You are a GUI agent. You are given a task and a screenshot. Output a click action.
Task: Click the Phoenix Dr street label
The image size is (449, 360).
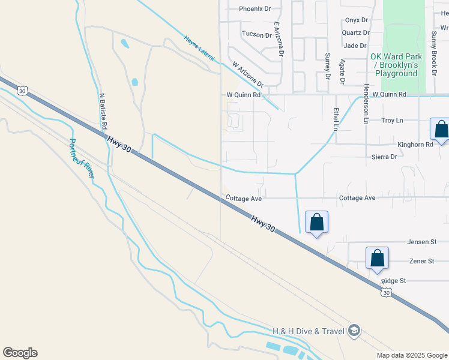pyautogui.click(x=255, y=9)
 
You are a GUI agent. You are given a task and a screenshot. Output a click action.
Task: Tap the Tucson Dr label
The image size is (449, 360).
pyautogui.click(x=256, y=35)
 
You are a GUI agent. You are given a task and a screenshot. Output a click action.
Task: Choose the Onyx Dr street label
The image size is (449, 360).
pyautogui.click(x=357, y=20)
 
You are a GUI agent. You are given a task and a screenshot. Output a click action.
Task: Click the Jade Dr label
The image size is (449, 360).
pyautogui.click(x=355, y=46)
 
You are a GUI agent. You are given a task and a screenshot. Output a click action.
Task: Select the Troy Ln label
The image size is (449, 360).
pyautogui.click(x=393, y=121)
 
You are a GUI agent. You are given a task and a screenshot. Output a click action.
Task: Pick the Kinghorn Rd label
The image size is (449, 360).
pyautogui.click(x=415, y=145)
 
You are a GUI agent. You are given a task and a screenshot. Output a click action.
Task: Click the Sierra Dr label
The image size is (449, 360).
pyautogui.click(x=385, y=157)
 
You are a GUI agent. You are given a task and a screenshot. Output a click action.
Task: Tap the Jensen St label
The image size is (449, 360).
pyautogui.click(x=421, y=242)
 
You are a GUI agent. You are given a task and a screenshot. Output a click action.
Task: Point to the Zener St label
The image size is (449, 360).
pyautogui.click(x=422, y=262)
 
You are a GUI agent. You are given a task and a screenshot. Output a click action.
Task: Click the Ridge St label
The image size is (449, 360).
pyautogui.click(x=394, y=281)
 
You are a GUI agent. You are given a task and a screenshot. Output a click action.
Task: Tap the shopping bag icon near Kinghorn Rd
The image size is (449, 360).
pyautogui.click(x=441, y=129)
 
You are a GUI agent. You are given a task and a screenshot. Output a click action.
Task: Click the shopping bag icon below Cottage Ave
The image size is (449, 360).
pyautogui.click(x=316, y=222)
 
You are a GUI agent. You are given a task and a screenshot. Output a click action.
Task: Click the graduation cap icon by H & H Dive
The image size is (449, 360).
pyautogui.click(x=354, y=331)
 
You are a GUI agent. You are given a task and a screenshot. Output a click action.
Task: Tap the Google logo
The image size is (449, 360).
pyautogui.click(x=20, y=353)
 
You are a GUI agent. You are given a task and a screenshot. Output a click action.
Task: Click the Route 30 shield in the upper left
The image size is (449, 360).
pyautogui.click(x=22, y=91)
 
